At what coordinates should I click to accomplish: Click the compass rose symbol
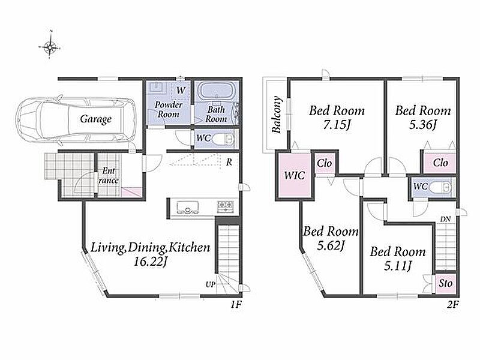[x=49, y=47]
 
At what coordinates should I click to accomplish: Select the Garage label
[x=96, y=119]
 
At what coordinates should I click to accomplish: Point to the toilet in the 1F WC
[x=223, y=139]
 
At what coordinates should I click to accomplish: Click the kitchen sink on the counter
[x=187, y=207]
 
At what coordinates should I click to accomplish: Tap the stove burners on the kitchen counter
[x=226, y=206]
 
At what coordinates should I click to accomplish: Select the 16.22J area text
[x=151, y=262]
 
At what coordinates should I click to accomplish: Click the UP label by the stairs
[x=211, y=284]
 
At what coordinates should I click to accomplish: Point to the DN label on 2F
[x=445, y=219]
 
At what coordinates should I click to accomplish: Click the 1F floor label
[x=236, y=305]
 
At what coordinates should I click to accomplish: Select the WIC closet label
[x=295, y=175]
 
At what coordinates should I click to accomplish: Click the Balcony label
[x=277, y=115]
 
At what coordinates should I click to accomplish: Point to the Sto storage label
[x=445, y=283]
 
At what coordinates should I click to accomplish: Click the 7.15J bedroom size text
[x=337, y=125]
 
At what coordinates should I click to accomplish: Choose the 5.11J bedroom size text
[x=398, y=266]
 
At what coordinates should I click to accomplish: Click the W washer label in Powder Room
[x=181, y=91]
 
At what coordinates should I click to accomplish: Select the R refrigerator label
[x=229, y=162]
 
